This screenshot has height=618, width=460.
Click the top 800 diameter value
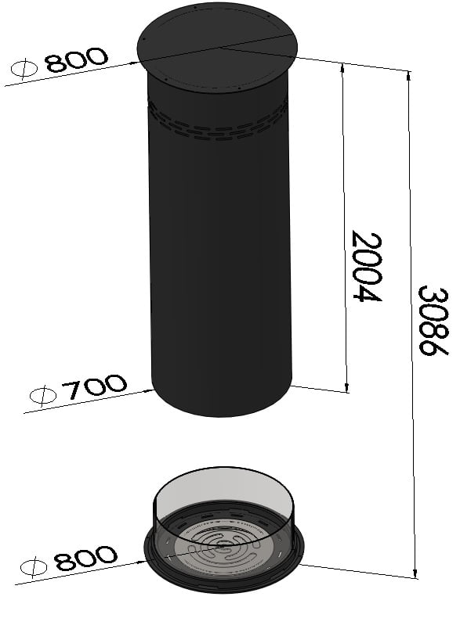[77, 60]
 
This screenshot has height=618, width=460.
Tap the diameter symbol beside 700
[43, 395]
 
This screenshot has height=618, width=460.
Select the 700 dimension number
[94, 387]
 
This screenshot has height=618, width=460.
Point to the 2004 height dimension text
[366, 267]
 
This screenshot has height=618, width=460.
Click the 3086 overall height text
[433, 321]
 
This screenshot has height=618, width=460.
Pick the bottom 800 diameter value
[86, 559]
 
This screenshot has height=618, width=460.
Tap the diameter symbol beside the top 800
[24, 70]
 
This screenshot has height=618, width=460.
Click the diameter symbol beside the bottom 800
[34, 568]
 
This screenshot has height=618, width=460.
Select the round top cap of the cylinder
[217, 46]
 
